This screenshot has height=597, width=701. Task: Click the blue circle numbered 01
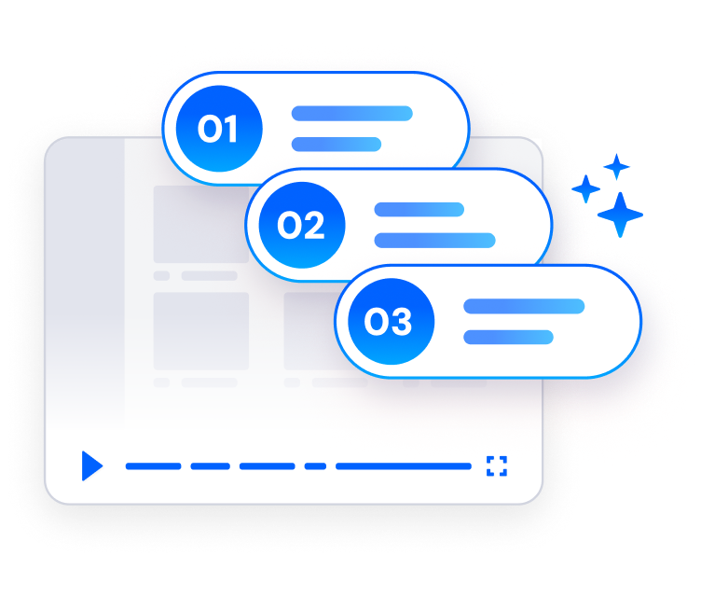pyautogui.click(x=219, y=129)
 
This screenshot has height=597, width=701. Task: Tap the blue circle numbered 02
pyautogui.click(x=302, y=225)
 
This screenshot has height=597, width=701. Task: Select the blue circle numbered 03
pyautogui.click(x=392, y=321)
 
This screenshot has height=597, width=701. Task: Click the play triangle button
pyautogui.click(x=91, y=465)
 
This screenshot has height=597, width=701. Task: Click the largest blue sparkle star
pyautogui.click(x=620, y=215)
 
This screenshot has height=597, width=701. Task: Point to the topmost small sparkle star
pyautogui.click(x=616, y=167)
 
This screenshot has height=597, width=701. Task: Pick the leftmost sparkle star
pyautogui.click(x=585, y=188)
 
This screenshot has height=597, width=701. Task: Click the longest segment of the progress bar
pyautogui.click(x=404, y=466)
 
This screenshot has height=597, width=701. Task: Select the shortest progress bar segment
pyautogui.click(x=315, y=466)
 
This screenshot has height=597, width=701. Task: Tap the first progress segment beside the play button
pyautogui.click(x=153, y=466)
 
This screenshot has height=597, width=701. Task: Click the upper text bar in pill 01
pyautogui.click(x=351, y=113)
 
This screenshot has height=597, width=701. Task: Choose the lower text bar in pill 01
pyautogui.click(x=337, y=144)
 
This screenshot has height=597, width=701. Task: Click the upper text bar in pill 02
pyautogui.click(x=419, y=210)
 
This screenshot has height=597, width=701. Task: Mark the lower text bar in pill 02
pyautogui.click(x=434, y=241)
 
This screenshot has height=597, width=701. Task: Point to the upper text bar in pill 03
pyautogui.click(x=524, y=306)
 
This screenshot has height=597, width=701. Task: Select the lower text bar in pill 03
pyautogui.click(x=508, y=337)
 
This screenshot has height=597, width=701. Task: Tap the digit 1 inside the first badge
pyautogui.click(x=229, y=129)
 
